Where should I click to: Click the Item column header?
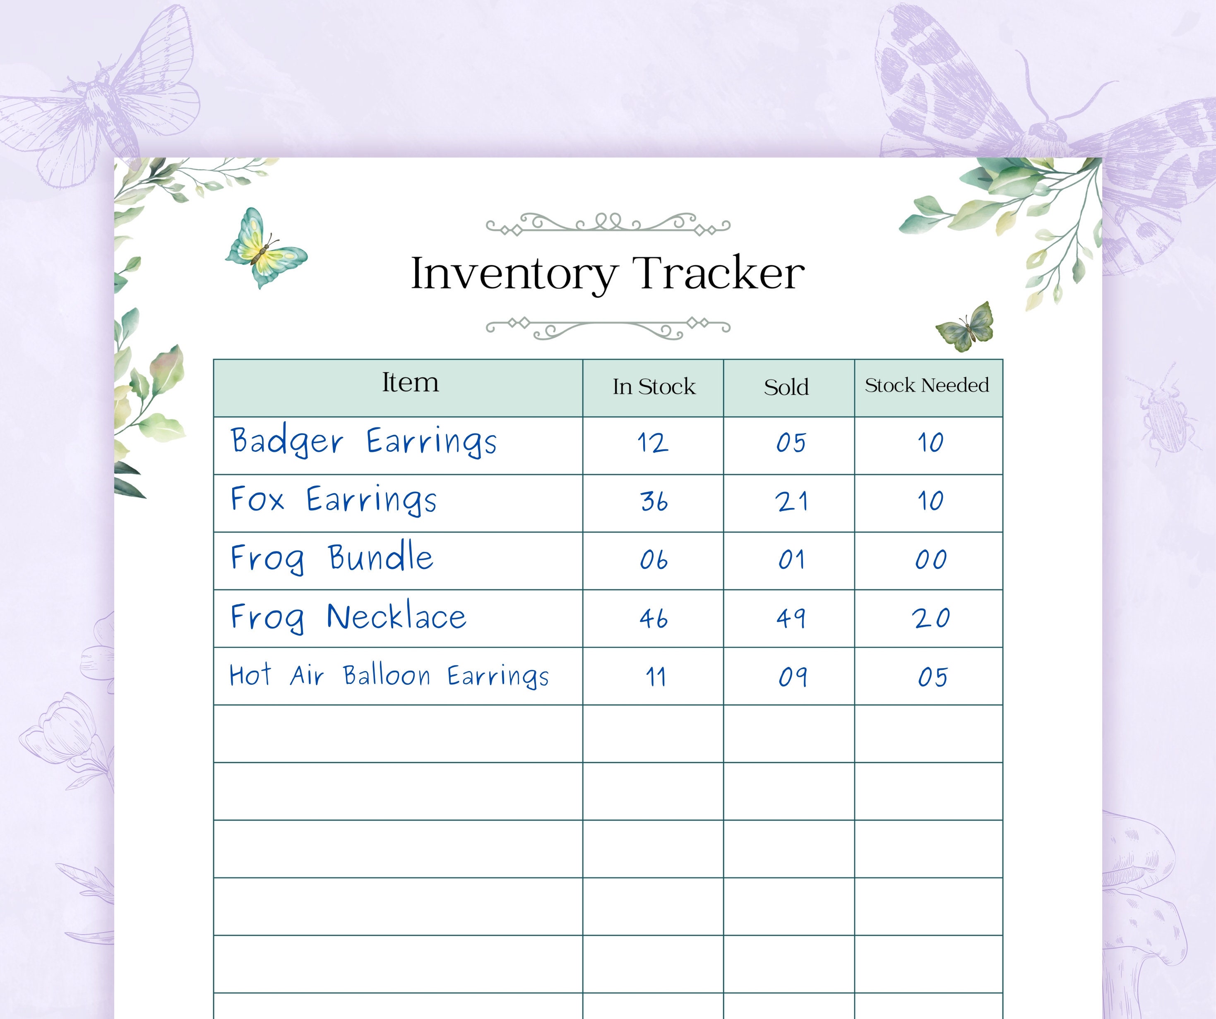(x=410, y=383)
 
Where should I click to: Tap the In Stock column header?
(x=654, y=387)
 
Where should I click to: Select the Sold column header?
(x=786, y=387)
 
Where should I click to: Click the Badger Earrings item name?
(x=364, y=442)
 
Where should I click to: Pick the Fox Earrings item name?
(x=334, y=500)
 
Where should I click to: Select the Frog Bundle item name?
(x=332, y=558)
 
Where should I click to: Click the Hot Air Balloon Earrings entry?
(x=389, y=676)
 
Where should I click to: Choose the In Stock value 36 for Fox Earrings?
(x=654, y=501)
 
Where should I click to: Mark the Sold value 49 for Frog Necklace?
(x=791, y=619)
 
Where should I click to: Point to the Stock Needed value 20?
(x=931, y=619)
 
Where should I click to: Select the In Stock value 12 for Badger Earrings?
(x=653, y=443)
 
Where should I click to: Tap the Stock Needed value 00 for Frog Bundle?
(x=930, y=560)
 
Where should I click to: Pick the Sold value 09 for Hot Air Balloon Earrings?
(x=792, y=677)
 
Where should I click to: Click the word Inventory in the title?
(x=514, y=273)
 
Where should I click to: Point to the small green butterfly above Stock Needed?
(x=965, y=327)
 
